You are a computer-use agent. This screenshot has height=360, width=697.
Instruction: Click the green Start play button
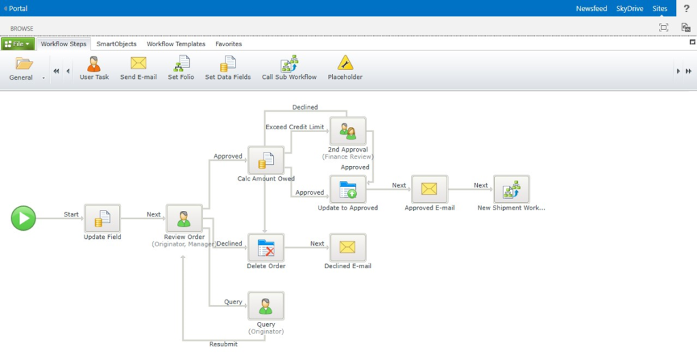(x=23, y=218)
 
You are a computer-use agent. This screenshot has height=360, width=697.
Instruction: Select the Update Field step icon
(x=102, y=218)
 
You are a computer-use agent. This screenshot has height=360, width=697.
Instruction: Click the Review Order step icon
(x=184, y=218)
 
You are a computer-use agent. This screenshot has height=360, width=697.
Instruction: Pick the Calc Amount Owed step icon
(x=265, y=160)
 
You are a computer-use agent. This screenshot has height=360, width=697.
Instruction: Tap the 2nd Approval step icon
(x=347, y=131)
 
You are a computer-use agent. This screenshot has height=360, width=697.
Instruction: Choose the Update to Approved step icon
(x=347, y=189)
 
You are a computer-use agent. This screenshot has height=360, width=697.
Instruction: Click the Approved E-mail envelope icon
(x=429, y=189)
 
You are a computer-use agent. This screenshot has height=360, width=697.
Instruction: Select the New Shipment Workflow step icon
(x=510, y=189)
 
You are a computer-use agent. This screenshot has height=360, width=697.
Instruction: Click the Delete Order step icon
(x=265, y=248)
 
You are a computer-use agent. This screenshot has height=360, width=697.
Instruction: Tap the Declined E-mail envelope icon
(x=347, y=248)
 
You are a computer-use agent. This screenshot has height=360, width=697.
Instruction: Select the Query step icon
(x=265, y=306)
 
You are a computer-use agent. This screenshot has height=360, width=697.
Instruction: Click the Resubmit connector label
(x=224, y=344)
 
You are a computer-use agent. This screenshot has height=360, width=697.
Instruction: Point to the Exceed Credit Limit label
(x=295, y=127)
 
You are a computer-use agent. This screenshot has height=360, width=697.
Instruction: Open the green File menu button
(x=18, y=44)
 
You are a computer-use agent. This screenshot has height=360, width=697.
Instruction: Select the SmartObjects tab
(x=116, y=44)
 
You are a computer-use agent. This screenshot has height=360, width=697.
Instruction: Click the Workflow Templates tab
(x=176, y=44)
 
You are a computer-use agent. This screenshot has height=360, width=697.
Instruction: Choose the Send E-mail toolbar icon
(x=138, y=64)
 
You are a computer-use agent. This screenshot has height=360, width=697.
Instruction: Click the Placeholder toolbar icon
(x=345, y=64)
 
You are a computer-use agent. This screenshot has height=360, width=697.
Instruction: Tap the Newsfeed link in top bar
(x=591, y=9)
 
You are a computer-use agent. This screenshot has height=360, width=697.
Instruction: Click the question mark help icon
(x=686, y=9)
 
